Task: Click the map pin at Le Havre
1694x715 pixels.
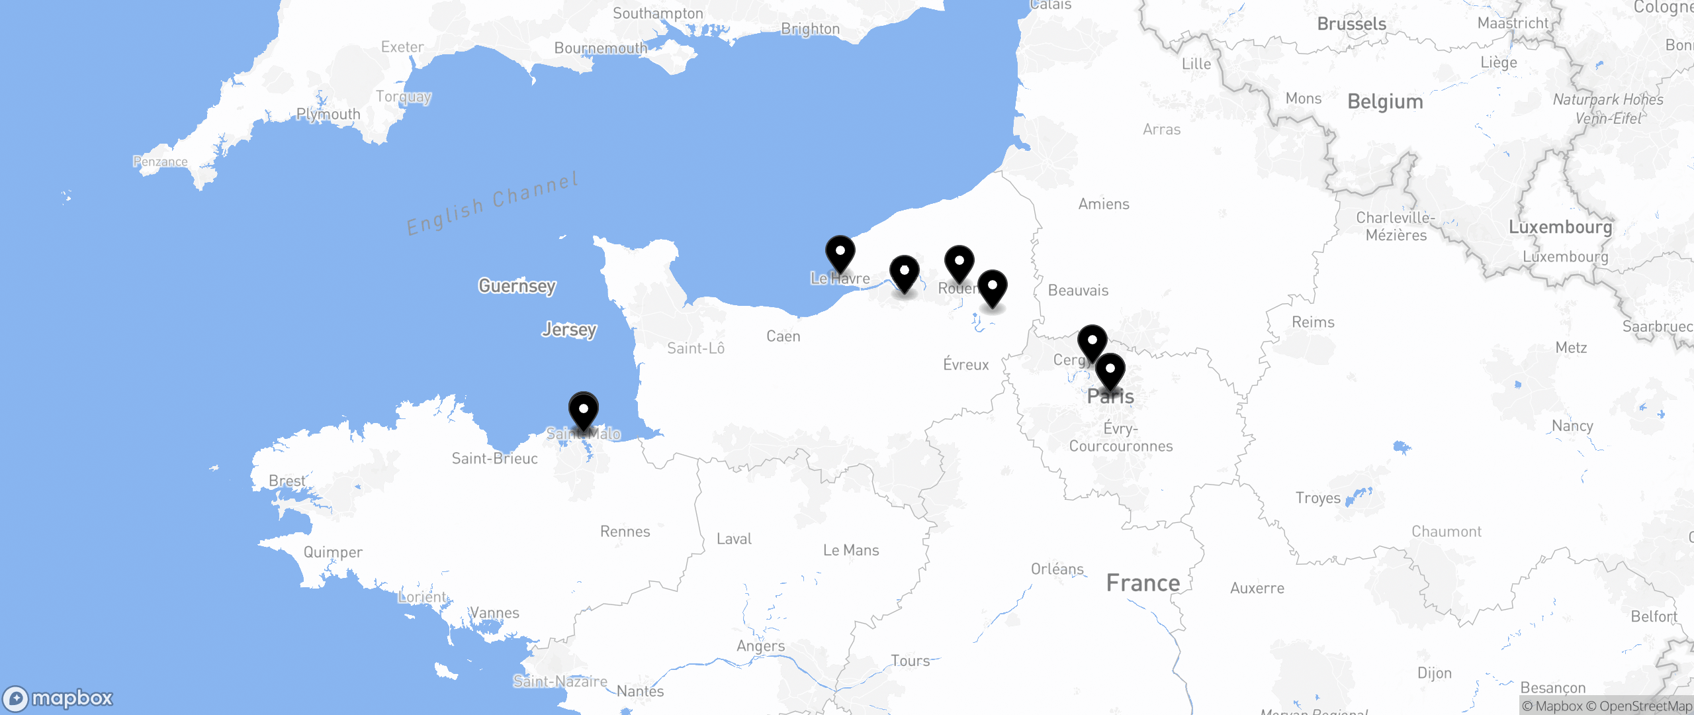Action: pyautogui.click(x=840, y=254)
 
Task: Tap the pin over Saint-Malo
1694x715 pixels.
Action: pyautogui.click(x=583, y=410)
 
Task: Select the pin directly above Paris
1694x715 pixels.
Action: pyautogui.click(x=1110, y=371)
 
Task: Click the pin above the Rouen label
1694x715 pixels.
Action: pyautogui.click(x=959, y=263)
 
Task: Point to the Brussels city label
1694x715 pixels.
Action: pyautogui.click(x=1351, y=24)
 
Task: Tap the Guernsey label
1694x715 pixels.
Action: pyautogui.click(x=517, y=286)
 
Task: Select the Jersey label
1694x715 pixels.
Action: pyautogui.click(x=569, y=329)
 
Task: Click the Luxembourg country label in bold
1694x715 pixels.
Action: pyautogui.click(x=1560, y=227)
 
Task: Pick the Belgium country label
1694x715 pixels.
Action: pyautogui.click(x=1385, y=102)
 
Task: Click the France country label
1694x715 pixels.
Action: pyautogui.click(x=1143, y=583)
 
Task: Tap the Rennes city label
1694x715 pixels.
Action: pyautogui.click(x=625, y=532)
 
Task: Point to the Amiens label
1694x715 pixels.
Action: pyautogui.click(x=1104, y=204)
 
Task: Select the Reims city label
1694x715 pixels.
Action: pyautogui.click(x=1313, y=322)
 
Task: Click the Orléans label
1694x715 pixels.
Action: pyautogui.click(x=1057, y=569)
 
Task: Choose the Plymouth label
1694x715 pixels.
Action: pyautogui.click(x=328, y=114)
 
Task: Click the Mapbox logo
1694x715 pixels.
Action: pyautogui.click(x=58, y=698)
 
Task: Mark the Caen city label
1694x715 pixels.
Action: pyautogui.click(x=783, y=336)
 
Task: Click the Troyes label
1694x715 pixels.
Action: pyautogui.click(x=1317, y=498)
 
